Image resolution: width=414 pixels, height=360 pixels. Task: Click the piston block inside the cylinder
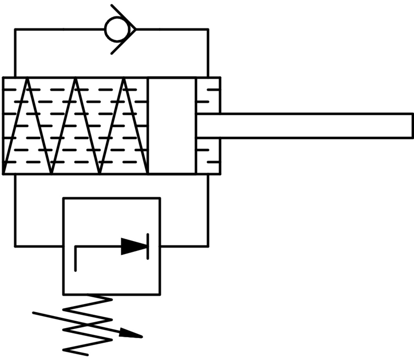tap(172, 125)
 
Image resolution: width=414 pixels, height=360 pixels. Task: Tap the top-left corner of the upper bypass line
tap(15, 29)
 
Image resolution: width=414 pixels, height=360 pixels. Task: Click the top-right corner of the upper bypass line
tap(208, 29)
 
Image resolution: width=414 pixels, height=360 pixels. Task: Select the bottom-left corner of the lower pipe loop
tap(15, 246)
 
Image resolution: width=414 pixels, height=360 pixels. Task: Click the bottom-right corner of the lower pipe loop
tap(208, 246)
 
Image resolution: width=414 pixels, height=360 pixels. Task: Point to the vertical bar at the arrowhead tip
tap(148, 246)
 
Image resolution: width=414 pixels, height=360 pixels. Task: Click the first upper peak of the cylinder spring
tap(27, 79)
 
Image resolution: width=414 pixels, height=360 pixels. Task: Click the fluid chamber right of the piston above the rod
tap(208, 95)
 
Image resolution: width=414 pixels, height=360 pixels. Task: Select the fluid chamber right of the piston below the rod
tap(208, 156)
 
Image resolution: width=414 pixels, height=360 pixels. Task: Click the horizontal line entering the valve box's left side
tap(39, 246)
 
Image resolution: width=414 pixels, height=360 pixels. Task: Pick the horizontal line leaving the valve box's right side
tap(184, 246)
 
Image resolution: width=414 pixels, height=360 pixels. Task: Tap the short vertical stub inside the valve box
tap(75, 259)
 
